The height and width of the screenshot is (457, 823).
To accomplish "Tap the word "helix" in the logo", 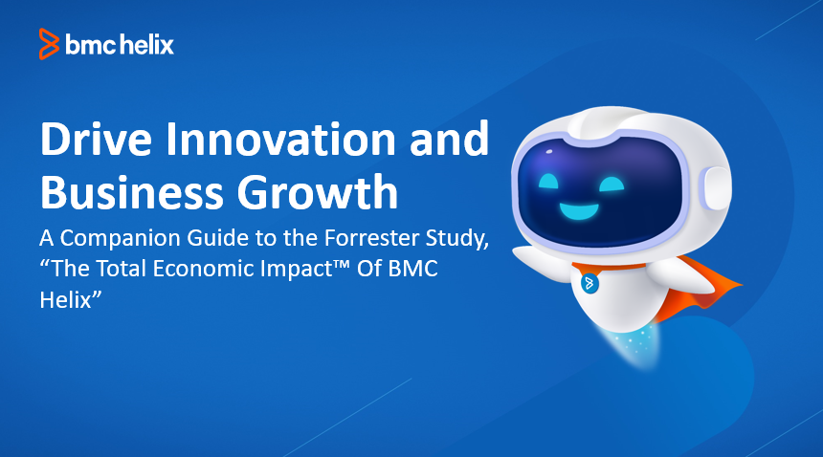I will [147, 44].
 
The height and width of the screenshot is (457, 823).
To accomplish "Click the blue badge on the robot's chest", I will [589, 284].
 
